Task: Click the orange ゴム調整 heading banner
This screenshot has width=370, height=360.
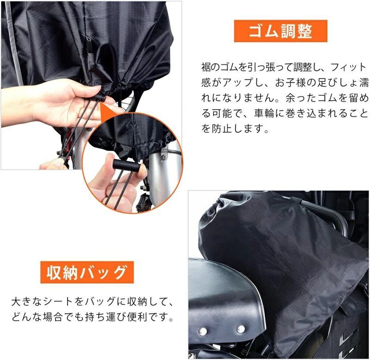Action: (281, 31)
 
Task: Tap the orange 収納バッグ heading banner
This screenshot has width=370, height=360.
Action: (87, 273)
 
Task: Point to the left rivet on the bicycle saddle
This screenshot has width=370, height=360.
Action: (203, 330)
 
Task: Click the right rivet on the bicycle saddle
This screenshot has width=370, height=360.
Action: (240, 329)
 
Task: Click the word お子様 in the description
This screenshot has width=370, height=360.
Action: (291, 83)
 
